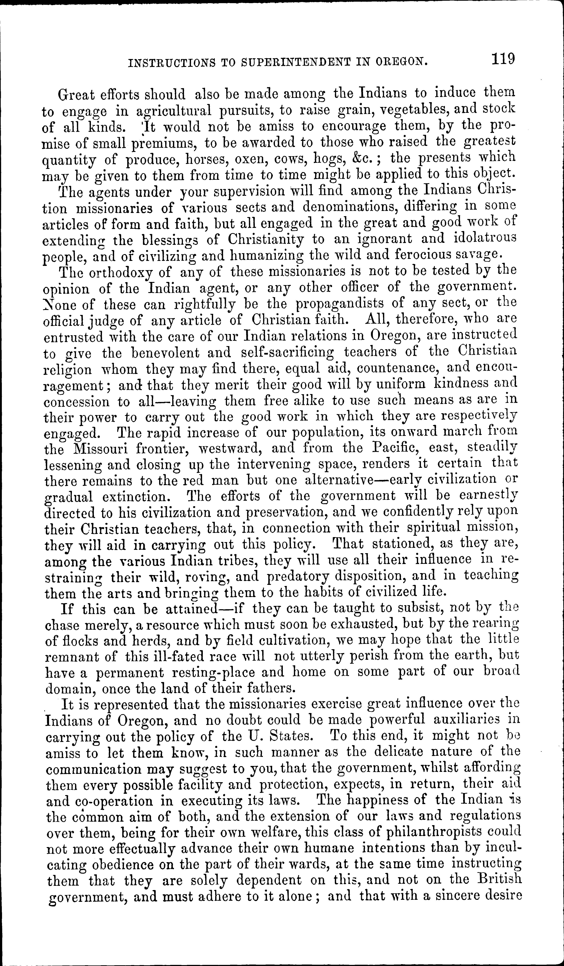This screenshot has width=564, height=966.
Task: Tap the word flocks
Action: [x=81, y=641]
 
